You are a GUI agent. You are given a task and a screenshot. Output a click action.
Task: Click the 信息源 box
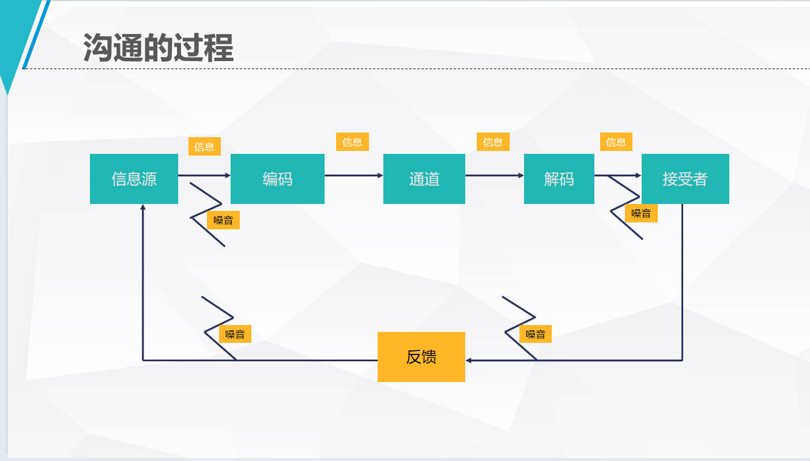click(134, 179)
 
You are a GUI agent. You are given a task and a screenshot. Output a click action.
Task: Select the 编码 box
click(277, 179)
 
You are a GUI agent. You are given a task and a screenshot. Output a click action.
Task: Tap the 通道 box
click(424, 179)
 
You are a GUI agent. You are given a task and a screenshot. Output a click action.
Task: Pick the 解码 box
click(559, 179)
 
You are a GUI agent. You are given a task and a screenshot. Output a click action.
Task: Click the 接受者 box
click(685, 179)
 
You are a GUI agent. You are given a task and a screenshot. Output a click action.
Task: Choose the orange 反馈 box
click(421, 357)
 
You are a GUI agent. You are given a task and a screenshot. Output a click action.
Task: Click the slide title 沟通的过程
click(158, 47)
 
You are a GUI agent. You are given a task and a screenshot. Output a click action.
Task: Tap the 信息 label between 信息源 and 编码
click(204, 146)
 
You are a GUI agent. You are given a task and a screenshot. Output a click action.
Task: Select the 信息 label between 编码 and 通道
click(352, 142)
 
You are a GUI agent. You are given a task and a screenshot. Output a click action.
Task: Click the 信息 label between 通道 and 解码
click(493, 142)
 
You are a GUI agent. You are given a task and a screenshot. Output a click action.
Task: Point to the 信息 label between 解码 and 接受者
click(616, 142)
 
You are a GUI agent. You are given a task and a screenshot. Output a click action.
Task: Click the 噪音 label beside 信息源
click(223, 220)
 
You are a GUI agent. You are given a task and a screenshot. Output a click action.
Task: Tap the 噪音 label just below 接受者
click(641, 213)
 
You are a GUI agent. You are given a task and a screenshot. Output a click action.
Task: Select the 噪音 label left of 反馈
click(235, 334)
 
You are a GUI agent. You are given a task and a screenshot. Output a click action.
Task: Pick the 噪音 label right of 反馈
click(535, 334)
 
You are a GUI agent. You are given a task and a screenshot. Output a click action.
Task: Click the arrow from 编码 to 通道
click(353, 175)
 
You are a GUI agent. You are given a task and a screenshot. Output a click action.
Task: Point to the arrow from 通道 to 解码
click(494, 175)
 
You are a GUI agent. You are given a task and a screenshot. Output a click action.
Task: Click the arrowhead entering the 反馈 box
click(469, 360)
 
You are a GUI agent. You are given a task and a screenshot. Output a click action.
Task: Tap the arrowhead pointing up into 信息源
click(143, 207)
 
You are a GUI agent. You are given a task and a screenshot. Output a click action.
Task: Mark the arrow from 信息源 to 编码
click(204, 175)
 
